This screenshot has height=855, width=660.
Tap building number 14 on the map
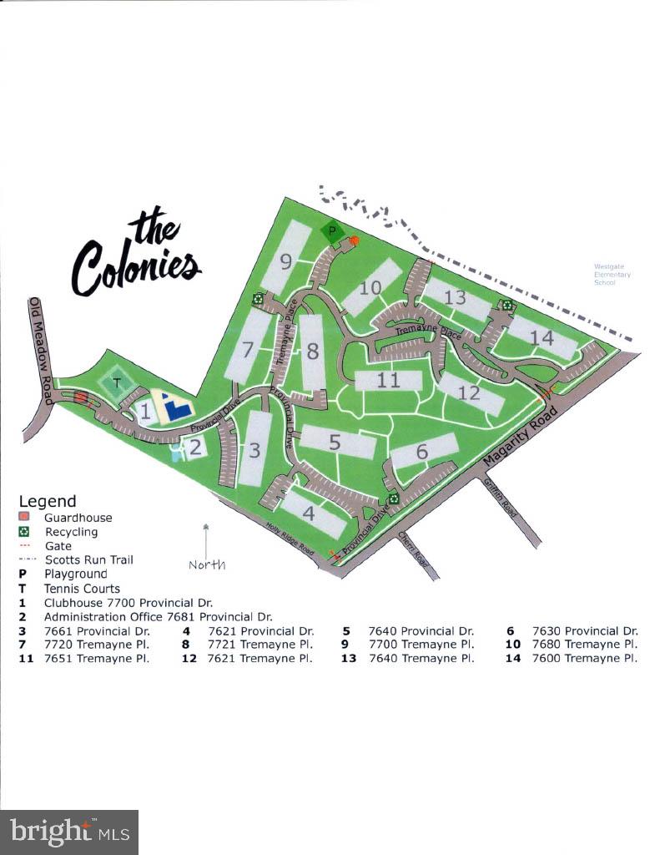point(542,337)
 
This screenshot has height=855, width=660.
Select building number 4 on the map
point(309,513)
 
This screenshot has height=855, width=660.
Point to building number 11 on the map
point(388,381)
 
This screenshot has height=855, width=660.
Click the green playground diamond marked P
point(334,230)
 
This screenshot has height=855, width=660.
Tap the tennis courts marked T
point(117,384)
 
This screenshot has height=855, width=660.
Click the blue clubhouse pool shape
point(174,407)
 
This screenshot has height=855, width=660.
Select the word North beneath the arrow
point(207,564)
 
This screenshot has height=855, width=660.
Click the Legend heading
point(48,502)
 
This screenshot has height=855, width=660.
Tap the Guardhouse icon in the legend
point(24,518)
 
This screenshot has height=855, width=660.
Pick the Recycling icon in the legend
point(24,532)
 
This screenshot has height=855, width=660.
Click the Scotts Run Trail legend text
point(89,559)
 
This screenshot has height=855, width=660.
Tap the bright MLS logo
point(69,832)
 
